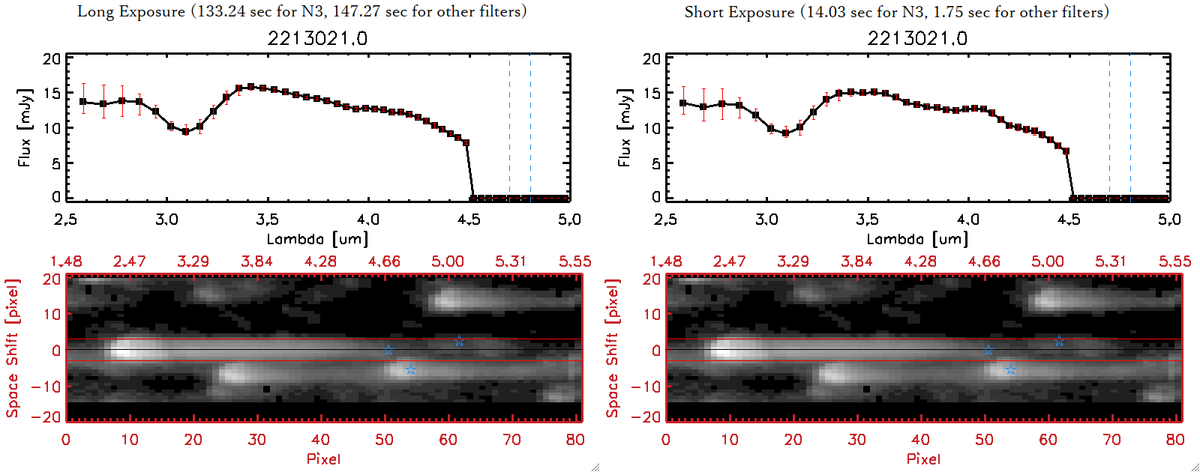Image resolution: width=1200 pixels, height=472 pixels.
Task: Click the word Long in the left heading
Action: point(94,12)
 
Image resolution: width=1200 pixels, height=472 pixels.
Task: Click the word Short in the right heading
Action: point(703,12)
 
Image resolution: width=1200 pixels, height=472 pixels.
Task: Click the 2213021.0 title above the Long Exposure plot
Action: point(317,38)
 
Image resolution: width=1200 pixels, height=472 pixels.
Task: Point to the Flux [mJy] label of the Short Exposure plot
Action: point(624,127)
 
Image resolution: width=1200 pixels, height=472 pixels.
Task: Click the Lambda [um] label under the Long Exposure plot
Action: point(317,239)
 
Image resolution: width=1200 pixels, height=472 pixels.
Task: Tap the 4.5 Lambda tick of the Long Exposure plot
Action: point(469,220)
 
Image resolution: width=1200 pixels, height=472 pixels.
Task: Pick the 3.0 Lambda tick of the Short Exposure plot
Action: point(766,220)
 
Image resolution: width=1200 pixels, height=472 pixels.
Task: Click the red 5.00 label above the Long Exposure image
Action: point(448,261)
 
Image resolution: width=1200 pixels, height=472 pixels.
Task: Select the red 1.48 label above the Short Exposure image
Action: point(666,261)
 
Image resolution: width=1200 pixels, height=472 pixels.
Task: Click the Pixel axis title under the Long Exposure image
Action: point(323,459)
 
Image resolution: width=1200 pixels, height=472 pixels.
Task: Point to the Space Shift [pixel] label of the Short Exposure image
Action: point(613,348)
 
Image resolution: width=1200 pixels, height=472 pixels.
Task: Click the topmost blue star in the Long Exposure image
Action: point(459,341)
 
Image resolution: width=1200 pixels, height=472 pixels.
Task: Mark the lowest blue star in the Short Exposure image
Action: point(1010,370)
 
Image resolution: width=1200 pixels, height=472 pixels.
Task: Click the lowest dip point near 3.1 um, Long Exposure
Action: point(185,131)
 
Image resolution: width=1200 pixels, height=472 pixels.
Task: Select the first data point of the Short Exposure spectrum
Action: point(682,103)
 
